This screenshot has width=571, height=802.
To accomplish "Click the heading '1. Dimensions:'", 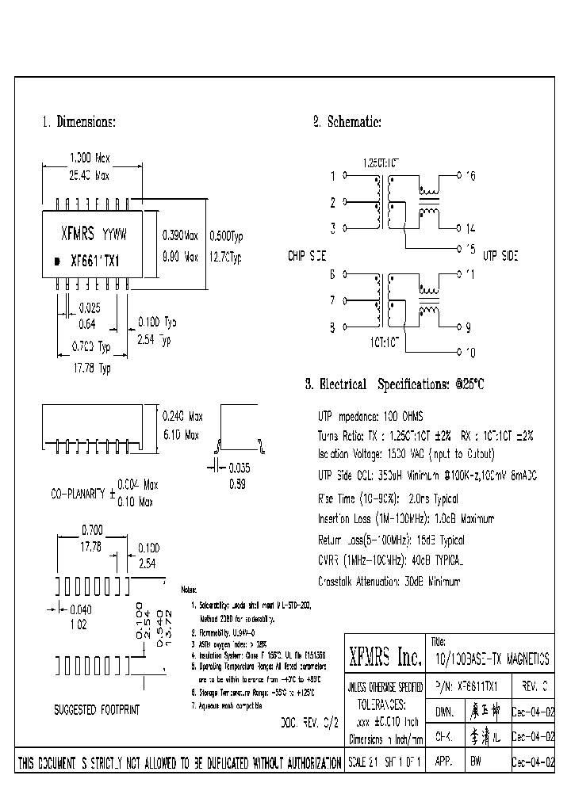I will click(79, 122).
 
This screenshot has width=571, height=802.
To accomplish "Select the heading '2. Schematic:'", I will click(347, 122).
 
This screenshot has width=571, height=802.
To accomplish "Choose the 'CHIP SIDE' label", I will click(306, 256).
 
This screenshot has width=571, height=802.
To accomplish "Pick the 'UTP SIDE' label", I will click(501, 256).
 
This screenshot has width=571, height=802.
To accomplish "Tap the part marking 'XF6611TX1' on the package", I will click(94, 260).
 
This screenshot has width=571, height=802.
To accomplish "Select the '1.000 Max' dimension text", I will click(92, 158).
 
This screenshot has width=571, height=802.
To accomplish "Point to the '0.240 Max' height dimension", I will click(182, 416).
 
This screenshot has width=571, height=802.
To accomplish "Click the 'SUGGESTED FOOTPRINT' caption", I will click(97, 709).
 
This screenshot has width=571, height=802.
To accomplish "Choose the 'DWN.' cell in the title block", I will click(443, 711).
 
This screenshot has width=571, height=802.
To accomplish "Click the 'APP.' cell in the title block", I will click(443, 762).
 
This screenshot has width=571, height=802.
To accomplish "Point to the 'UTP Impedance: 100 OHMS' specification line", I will click(370, 416).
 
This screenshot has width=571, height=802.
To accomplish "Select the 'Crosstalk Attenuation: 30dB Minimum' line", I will click(389, 581).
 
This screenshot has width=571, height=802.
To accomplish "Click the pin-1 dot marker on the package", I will click(56, 261).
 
